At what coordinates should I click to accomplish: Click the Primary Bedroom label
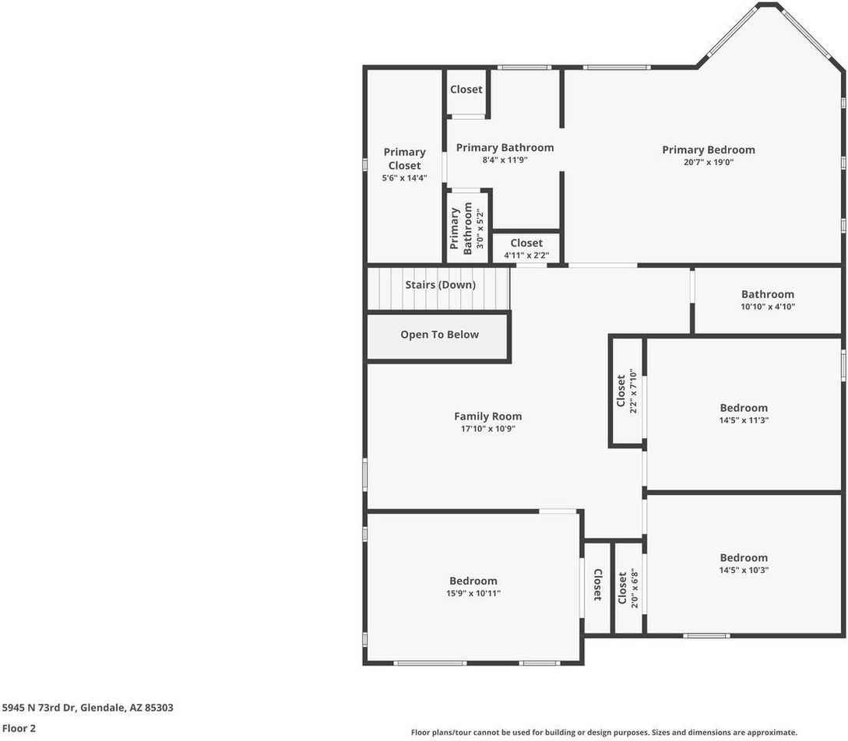[x=708, y=149]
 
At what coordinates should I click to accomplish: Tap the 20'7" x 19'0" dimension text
[x=708, y=163]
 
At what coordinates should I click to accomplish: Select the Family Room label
[x=487, y=416]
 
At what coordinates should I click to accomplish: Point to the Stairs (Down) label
[x=440, y=285]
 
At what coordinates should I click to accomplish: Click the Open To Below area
[x=439, y=335]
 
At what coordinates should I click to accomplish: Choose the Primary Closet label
[x=404, y=159]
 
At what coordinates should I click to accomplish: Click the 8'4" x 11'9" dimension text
[x=505, y=160]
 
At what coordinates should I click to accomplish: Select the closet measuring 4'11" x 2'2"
[x=526, y=248]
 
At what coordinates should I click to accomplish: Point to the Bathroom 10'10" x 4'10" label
[x=767, y=300]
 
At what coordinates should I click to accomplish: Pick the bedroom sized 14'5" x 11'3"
[x=743, y=413]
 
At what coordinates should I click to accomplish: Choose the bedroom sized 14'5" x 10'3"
[x=743, y=563]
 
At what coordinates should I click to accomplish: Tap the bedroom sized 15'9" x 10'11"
[x=473, y=587]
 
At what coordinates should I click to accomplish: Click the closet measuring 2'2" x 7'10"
[x=626, y=391]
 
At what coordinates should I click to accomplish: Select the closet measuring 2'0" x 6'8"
[x=627, y=589]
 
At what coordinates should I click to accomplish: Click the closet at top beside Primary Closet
[x=466, y=90]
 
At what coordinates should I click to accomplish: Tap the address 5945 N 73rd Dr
[x=87, y=708]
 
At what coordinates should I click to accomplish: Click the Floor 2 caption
[x=19, y=729]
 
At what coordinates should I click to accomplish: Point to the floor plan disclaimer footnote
[x=603, y=732]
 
